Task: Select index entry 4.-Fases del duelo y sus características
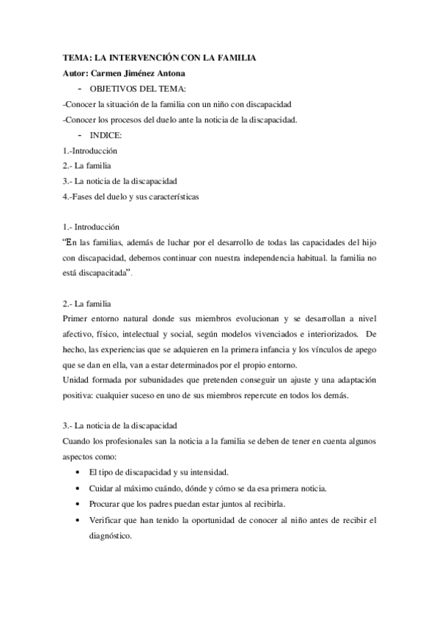point(131,197)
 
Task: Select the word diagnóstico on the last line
point(111,535)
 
